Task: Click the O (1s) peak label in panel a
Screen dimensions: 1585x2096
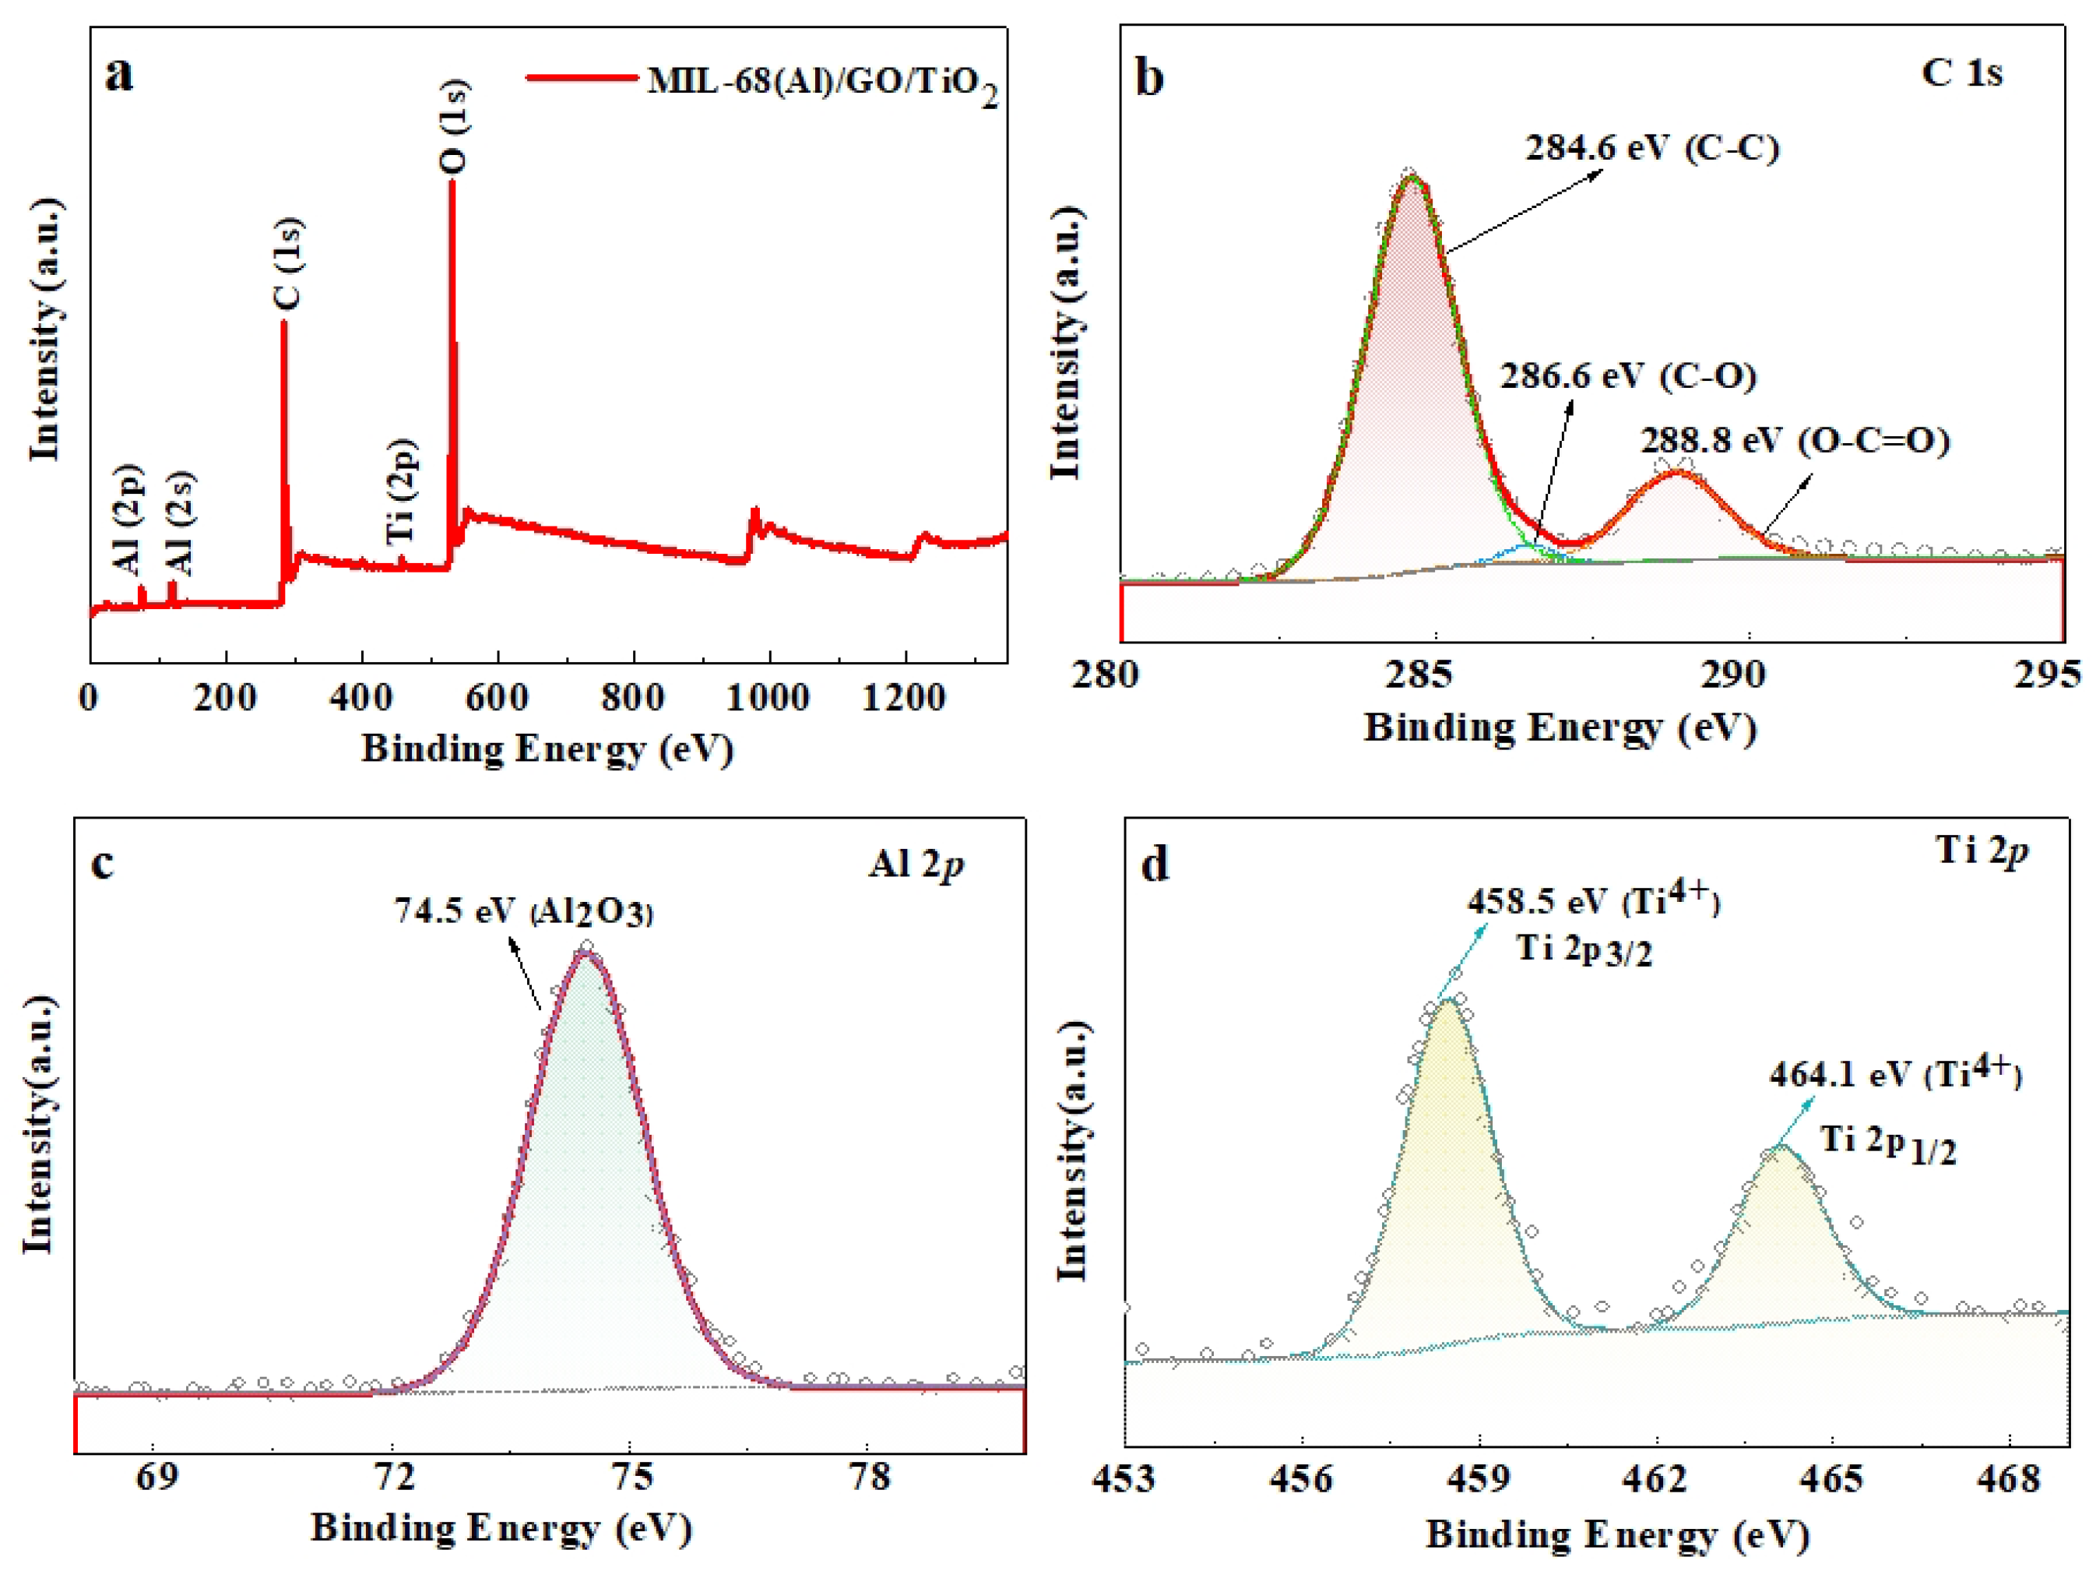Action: [x=454, y=126]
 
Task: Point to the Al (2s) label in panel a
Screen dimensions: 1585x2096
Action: [x=179, y=523]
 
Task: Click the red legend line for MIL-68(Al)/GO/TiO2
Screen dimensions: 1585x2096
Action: [x=581, y=79]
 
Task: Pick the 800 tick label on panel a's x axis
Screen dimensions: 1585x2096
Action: [x=633, y=698]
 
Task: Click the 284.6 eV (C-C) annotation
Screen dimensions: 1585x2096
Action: [x=1651, y=148]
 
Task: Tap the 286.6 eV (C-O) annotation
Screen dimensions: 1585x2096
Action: [x=1628, y=375]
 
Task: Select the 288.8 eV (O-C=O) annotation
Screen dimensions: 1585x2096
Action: [x=1795, y=441]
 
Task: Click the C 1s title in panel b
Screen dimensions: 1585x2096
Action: [x=1961, y=73]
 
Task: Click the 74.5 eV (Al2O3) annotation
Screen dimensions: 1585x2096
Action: [x=524, y=911]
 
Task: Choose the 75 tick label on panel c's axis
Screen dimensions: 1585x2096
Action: [x=632, y=1477]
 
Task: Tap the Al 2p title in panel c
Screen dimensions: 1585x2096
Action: [x=916, y=864]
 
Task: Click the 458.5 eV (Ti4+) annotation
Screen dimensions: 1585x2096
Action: [x=1594, y=900]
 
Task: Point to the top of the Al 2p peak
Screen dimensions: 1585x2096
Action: [x=586, y=952]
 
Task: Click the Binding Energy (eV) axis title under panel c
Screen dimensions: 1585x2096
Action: [x=501, y=1528]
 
